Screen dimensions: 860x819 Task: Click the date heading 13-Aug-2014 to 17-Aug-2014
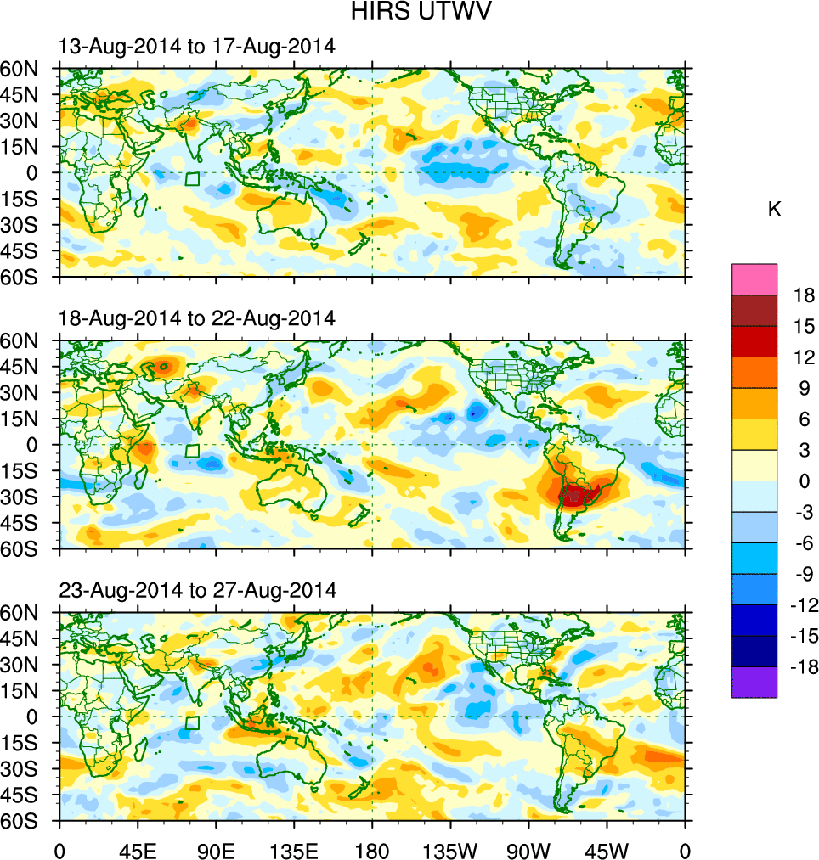(197, 47)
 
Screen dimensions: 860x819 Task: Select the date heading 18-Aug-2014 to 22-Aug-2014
(197, 318)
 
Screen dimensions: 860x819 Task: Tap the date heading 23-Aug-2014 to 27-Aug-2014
(197, 589)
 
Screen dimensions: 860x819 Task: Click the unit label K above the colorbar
(774, 210)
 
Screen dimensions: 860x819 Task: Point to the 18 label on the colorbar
(803, 295)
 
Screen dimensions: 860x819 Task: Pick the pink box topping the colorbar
(754, 278)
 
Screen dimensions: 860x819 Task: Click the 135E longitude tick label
(294, 849)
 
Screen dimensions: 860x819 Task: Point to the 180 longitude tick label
(372, 849)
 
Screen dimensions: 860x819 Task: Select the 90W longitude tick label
(528, 849)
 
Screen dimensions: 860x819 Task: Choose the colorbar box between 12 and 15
(754, 341)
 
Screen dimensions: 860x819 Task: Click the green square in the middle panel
(192, 451)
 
